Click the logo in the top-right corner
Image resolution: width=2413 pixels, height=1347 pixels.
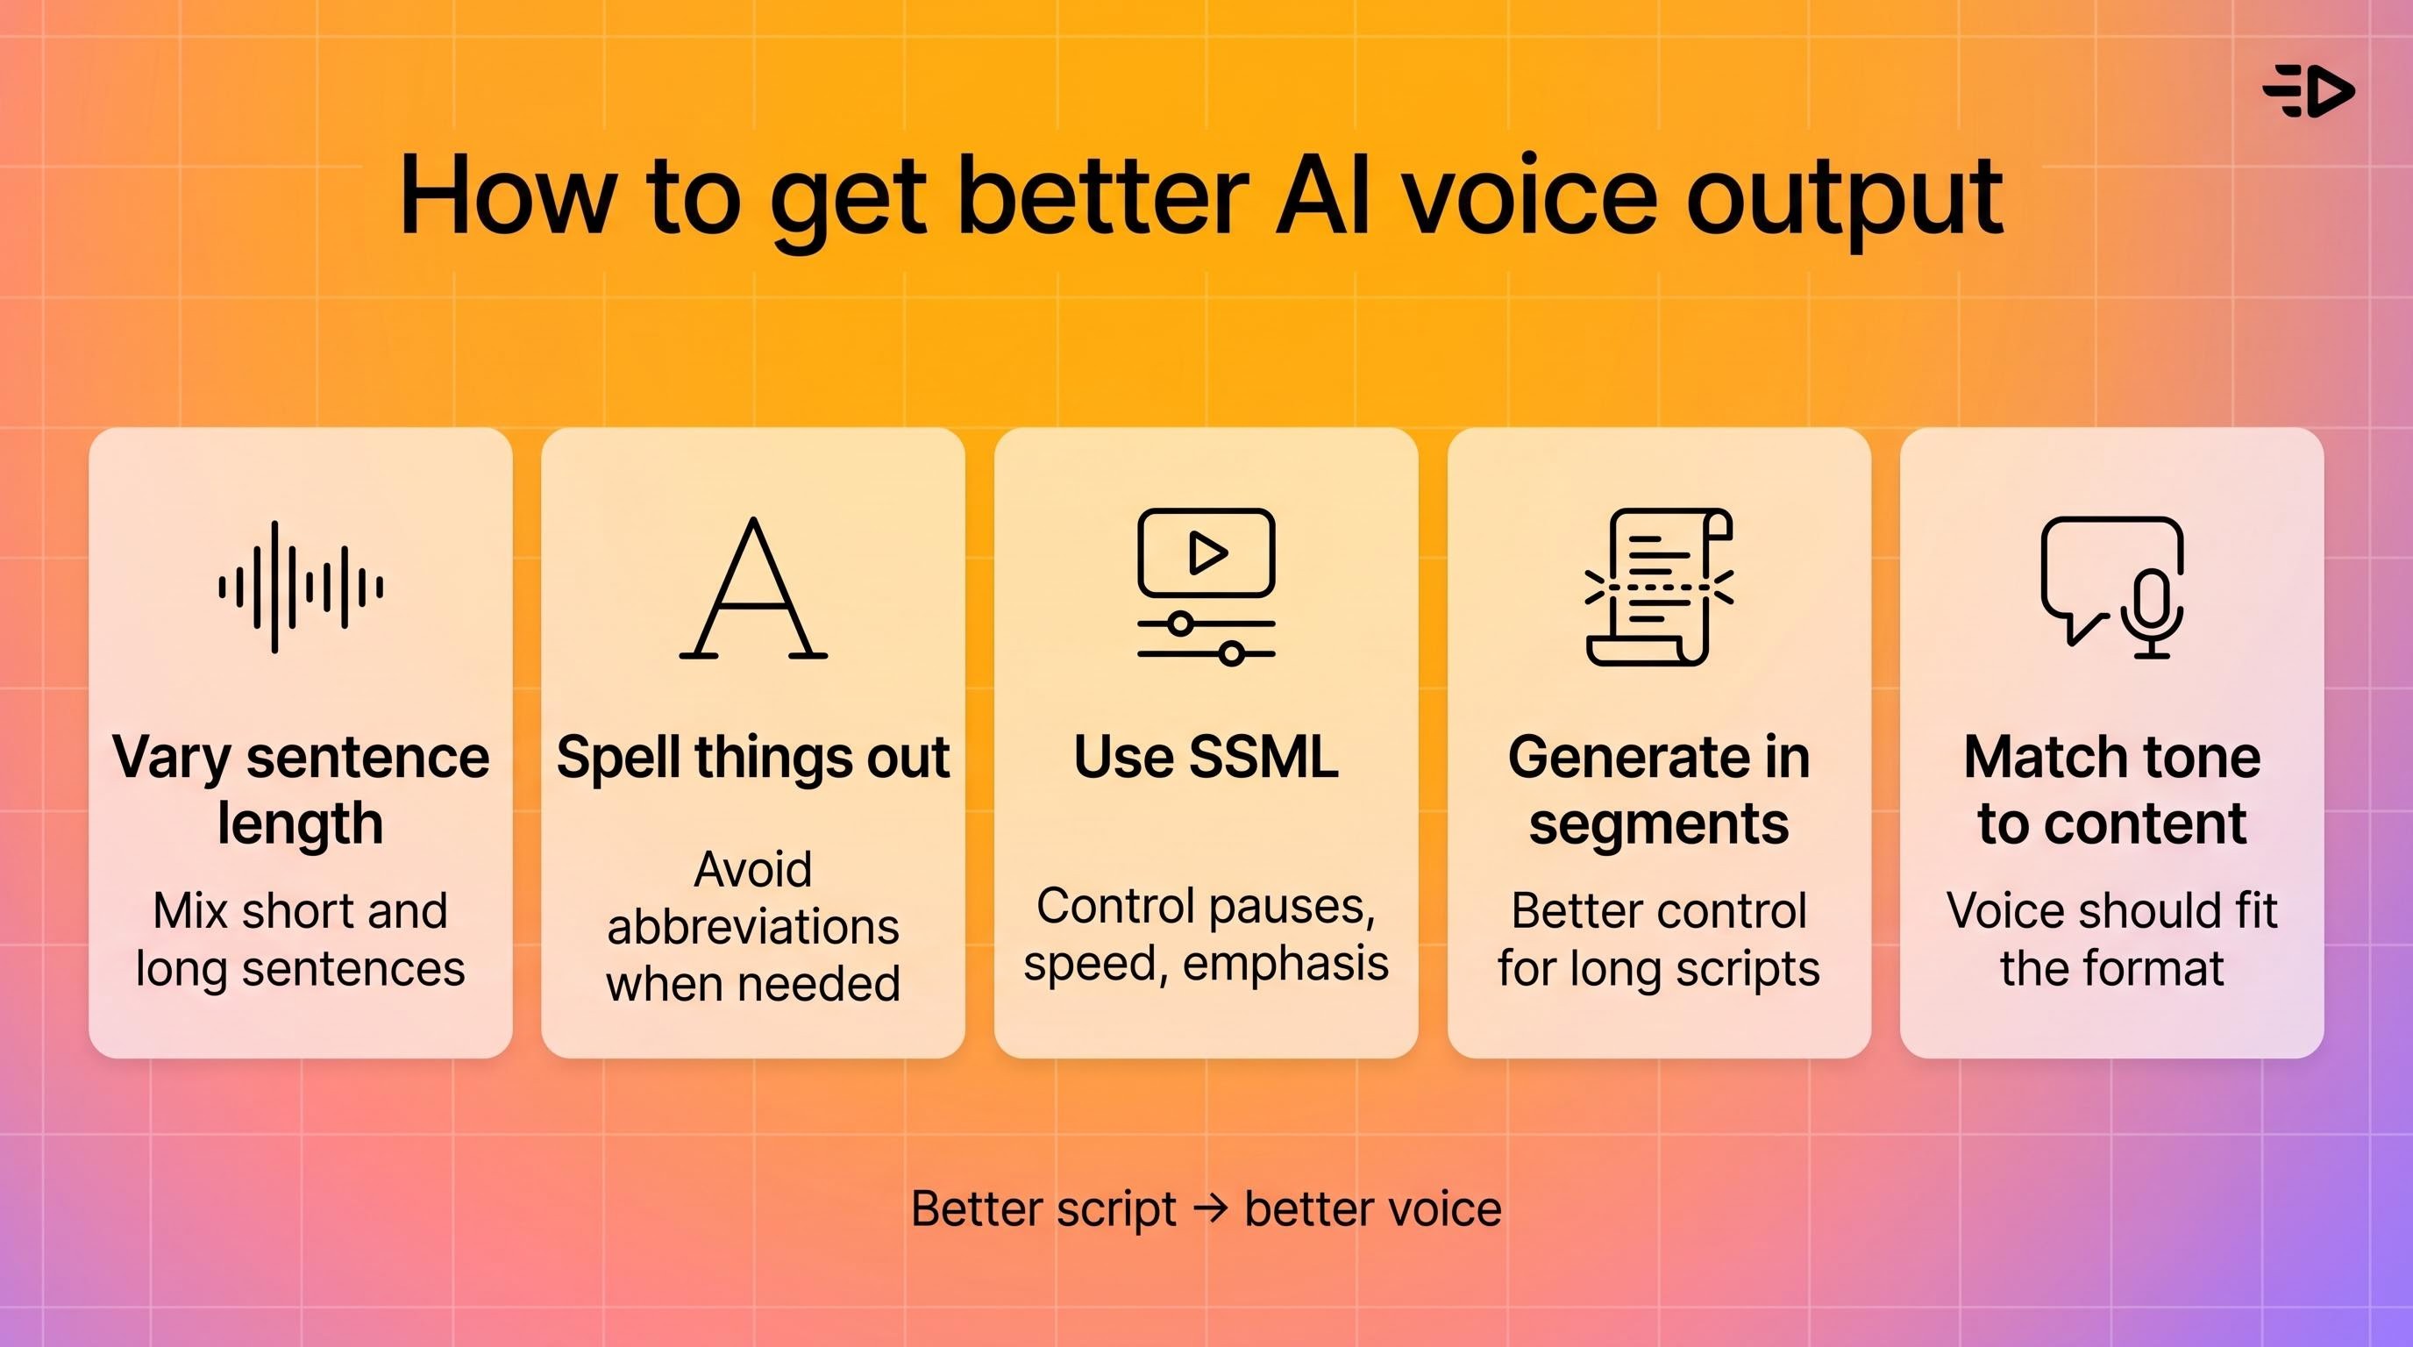click(2309, 91)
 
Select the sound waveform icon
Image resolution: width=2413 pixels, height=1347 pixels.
click(301, 588)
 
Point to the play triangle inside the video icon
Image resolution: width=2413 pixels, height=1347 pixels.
click(1206, 552)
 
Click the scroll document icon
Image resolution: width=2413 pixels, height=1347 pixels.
click(1659, 588)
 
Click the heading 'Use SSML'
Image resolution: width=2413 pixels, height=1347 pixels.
click(1206, 757)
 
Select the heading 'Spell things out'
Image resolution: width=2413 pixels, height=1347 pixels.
click(753, 757)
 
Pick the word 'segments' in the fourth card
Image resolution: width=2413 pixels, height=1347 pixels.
click(1659, 824)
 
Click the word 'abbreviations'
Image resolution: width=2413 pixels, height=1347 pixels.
click(753, 927)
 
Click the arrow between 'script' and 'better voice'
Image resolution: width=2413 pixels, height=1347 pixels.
click(1211, 1208)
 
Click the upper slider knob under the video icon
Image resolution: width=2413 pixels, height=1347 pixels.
click(1181, 623)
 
